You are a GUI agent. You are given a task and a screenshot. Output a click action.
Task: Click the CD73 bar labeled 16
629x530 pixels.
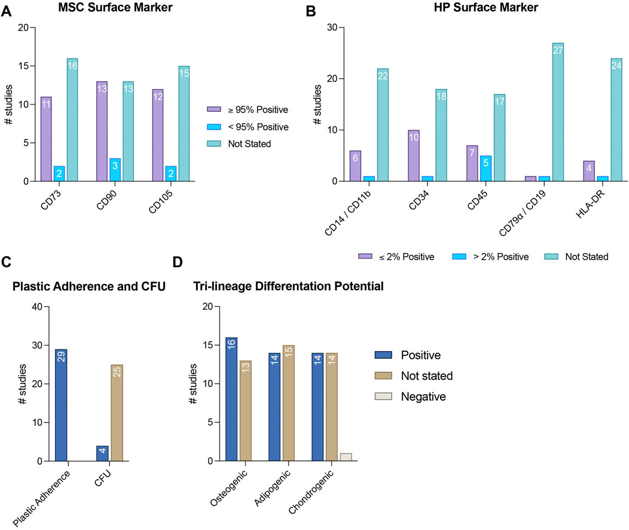coord(72,120)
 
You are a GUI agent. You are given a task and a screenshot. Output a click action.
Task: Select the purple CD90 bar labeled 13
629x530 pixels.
coord(102,131)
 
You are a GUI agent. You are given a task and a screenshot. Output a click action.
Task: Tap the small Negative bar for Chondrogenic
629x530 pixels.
coord(346,457)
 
